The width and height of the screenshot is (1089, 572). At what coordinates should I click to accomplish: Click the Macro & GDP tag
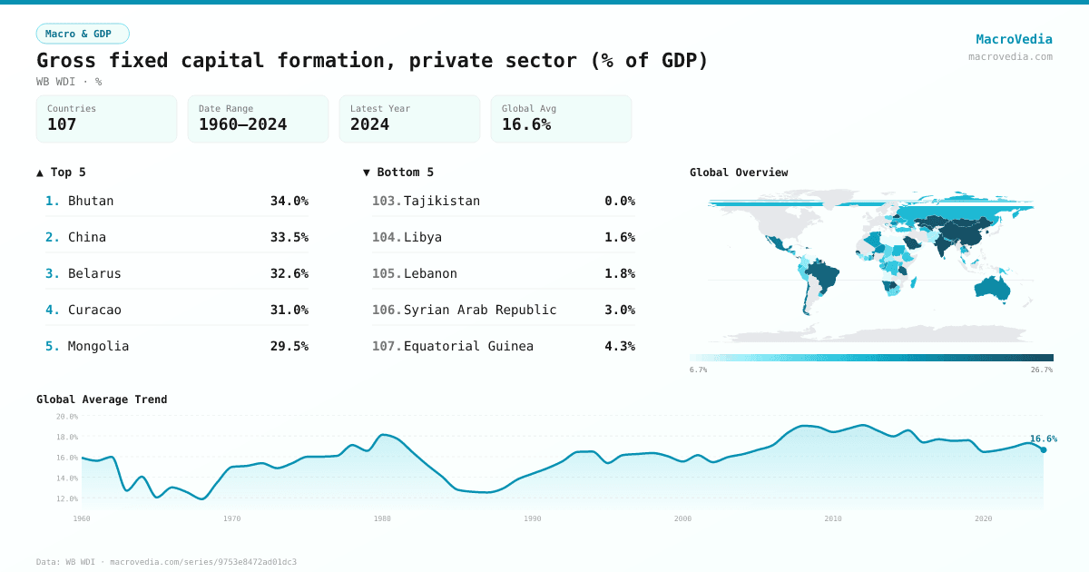pos(83,34)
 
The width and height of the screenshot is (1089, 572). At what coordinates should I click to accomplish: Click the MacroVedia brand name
pos(1014,39)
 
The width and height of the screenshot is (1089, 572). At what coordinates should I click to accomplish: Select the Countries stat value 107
pos(62,124)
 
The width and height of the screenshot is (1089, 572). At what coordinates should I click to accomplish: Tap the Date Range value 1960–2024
pos(242,124)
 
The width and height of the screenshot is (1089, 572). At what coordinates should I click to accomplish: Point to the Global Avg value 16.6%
pos(526,124)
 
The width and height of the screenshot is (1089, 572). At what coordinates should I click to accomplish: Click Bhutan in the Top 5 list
pos(91,201)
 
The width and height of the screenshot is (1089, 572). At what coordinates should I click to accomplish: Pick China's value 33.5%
pos(289,237)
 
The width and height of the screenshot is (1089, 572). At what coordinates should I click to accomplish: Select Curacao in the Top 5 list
pos(94,310)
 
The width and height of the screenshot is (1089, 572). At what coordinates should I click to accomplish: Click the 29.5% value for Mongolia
pos(289,346)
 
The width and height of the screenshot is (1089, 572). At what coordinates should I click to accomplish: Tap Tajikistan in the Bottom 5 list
pos(441,201)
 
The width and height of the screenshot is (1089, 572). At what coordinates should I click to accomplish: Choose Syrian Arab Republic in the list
pos(479,310)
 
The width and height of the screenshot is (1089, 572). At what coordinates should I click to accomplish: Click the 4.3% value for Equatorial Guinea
pos(619,346)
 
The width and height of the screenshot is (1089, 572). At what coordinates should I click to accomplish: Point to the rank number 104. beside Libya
pos(387,237)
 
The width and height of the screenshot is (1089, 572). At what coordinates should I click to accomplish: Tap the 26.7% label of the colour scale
pos(1041,370)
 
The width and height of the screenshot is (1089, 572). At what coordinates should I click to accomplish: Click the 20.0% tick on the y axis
pos(67,417)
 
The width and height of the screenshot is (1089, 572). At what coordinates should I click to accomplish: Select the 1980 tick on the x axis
pos(382,518)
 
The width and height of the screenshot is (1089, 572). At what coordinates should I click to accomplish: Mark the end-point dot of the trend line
pos(1043,449)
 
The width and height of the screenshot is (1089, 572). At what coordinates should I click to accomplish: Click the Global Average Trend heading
pos(102,399)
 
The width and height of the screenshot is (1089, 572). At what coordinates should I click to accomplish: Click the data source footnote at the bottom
pos(166,562)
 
